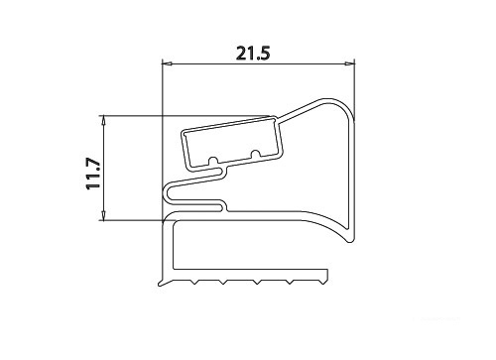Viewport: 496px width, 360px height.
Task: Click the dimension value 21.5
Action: (x=253, y=54)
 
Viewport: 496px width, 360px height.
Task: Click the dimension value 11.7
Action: (x=93, y=174)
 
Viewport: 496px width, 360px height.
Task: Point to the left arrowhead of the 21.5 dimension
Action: (x=167, y=63)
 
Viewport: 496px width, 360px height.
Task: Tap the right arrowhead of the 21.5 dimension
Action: (x=349, y=63)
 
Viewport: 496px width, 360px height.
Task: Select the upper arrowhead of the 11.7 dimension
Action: (x=103, y=120)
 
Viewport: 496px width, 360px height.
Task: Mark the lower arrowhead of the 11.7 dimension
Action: (x=103, y=215)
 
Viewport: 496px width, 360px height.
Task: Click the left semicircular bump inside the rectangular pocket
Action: (x=213, y=160)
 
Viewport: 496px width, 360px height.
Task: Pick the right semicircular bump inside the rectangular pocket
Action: (x=255, y=154)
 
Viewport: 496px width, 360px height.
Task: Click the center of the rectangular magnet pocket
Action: (x=231, y=143)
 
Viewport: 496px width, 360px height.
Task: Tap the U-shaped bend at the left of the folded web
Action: (x=167, y=195)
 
